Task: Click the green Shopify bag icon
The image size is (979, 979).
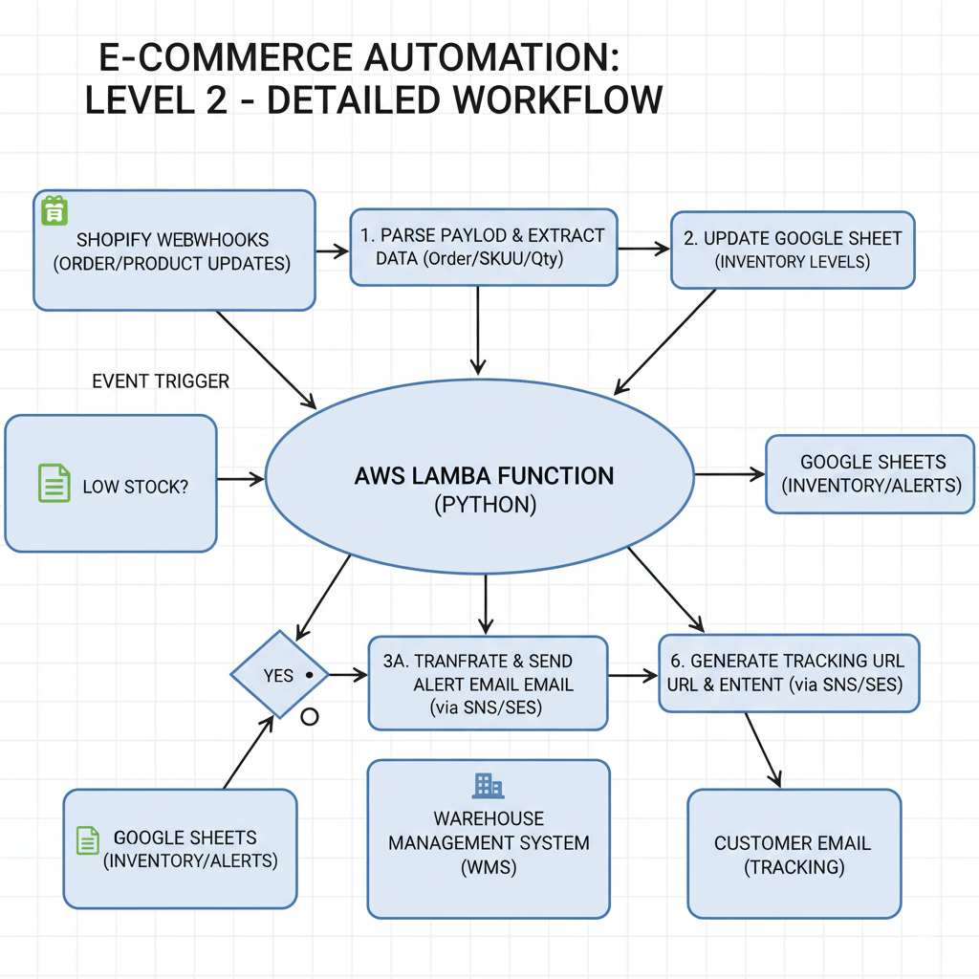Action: (52, 210)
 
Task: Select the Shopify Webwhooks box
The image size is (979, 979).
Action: (174, 250)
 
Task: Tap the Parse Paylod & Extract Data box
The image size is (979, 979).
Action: (482, 247)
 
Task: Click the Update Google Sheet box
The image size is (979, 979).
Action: (793, 249)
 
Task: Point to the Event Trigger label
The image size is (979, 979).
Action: (161, 381)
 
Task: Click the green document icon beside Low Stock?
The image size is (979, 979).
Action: (54, 483)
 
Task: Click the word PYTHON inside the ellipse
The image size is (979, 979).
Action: (484, 506)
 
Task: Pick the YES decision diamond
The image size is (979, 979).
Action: (279, 675)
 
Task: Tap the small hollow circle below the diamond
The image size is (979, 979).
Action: (310, 717)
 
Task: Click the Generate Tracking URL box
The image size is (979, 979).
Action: (789, 673)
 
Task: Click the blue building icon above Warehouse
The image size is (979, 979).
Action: (488, 786)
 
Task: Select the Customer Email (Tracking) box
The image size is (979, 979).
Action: (794, 854)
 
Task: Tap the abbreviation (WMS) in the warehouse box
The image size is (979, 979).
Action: (489, 867)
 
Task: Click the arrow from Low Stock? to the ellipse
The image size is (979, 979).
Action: (241, 478)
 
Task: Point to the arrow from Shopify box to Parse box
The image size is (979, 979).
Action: (333, 250)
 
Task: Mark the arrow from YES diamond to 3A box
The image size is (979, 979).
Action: (348, 675)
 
